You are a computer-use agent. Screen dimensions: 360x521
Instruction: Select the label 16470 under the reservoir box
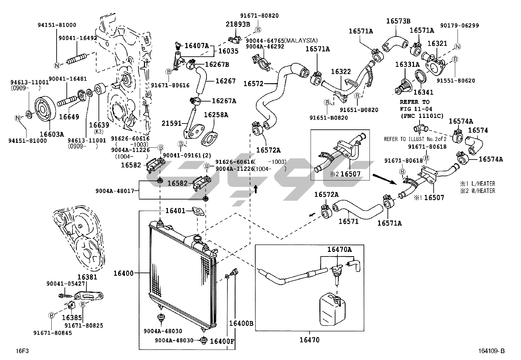pos(309,340)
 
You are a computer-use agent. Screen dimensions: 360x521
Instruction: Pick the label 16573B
pos(398,21)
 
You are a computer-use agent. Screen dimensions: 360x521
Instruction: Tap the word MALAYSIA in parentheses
pos(301,40)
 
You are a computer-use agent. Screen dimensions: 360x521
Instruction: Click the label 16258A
pos(216,115)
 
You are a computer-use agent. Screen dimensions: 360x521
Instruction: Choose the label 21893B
pos(238,24)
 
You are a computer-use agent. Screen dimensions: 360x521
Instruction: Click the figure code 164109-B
pos(491,351)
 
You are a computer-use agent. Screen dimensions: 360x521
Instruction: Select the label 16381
pos(87,277)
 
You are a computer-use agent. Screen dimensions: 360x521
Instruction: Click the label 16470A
pos(339,250)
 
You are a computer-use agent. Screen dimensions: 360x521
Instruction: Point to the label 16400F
pos(222,341)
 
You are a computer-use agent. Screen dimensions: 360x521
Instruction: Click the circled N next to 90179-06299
pos(458,46)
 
